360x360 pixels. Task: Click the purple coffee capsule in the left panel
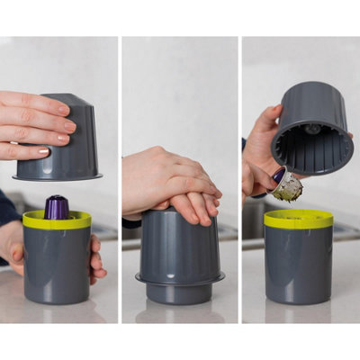point(58,207)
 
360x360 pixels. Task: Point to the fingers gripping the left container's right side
point(96,256)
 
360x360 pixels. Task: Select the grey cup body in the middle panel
point(180,243)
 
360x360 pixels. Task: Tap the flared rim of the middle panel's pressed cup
point(180,279)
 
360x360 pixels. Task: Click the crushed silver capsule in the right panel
point(288,187)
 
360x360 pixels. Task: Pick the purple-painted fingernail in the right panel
point(279,175)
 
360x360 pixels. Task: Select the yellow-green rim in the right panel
point(298,219)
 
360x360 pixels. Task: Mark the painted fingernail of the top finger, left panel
point(64,109)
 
